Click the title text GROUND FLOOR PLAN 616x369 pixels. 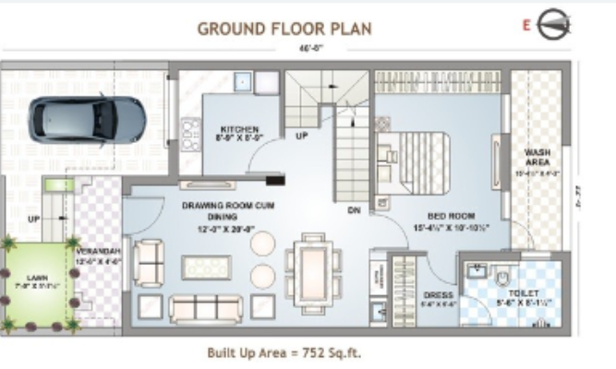pos(284,29)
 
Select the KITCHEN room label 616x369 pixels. pos(238,129)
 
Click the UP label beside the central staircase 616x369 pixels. pos(301,136)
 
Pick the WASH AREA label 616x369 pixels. pos(537,158)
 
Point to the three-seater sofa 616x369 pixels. pos(200,306)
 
